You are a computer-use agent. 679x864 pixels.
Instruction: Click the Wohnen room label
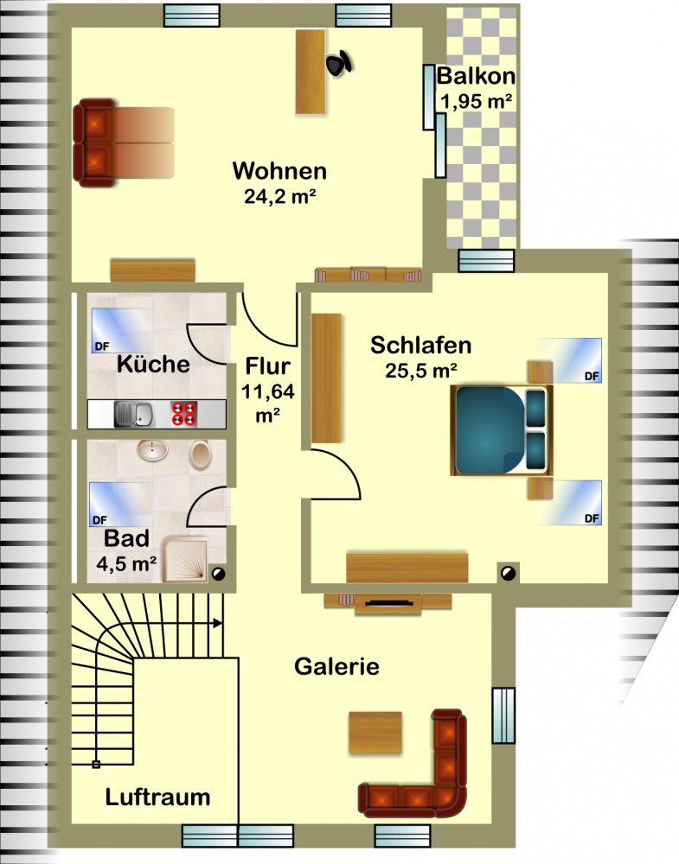click(279, 171)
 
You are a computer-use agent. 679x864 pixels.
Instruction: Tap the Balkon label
click(476, 76)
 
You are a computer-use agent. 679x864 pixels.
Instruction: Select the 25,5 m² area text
click(421, 371)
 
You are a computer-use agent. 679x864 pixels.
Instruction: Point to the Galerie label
click(337, 666)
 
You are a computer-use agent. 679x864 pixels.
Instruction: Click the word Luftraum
click(157, 797)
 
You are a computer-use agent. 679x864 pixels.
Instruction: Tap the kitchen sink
click(134, 414)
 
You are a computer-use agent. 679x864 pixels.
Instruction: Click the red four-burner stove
click(183, 414)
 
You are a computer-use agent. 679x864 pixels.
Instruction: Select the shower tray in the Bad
click(185, 560)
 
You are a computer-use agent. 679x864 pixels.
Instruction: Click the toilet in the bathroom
click(200, 454)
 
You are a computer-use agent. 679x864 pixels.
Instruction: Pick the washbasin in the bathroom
click(152, 450)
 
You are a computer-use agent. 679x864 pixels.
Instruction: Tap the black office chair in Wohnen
click(339, 63)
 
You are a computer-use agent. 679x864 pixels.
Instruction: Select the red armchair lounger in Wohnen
click(124, 143)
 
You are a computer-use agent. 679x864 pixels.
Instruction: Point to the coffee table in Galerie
click(375, 733)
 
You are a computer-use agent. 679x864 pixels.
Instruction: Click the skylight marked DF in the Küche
click(119, 331)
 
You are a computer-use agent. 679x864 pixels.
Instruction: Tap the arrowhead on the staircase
click(218, 623)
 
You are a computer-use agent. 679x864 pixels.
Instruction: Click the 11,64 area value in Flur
click(268, 391)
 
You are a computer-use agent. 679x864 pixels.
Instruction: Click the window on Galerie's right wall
click(503, 715)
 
